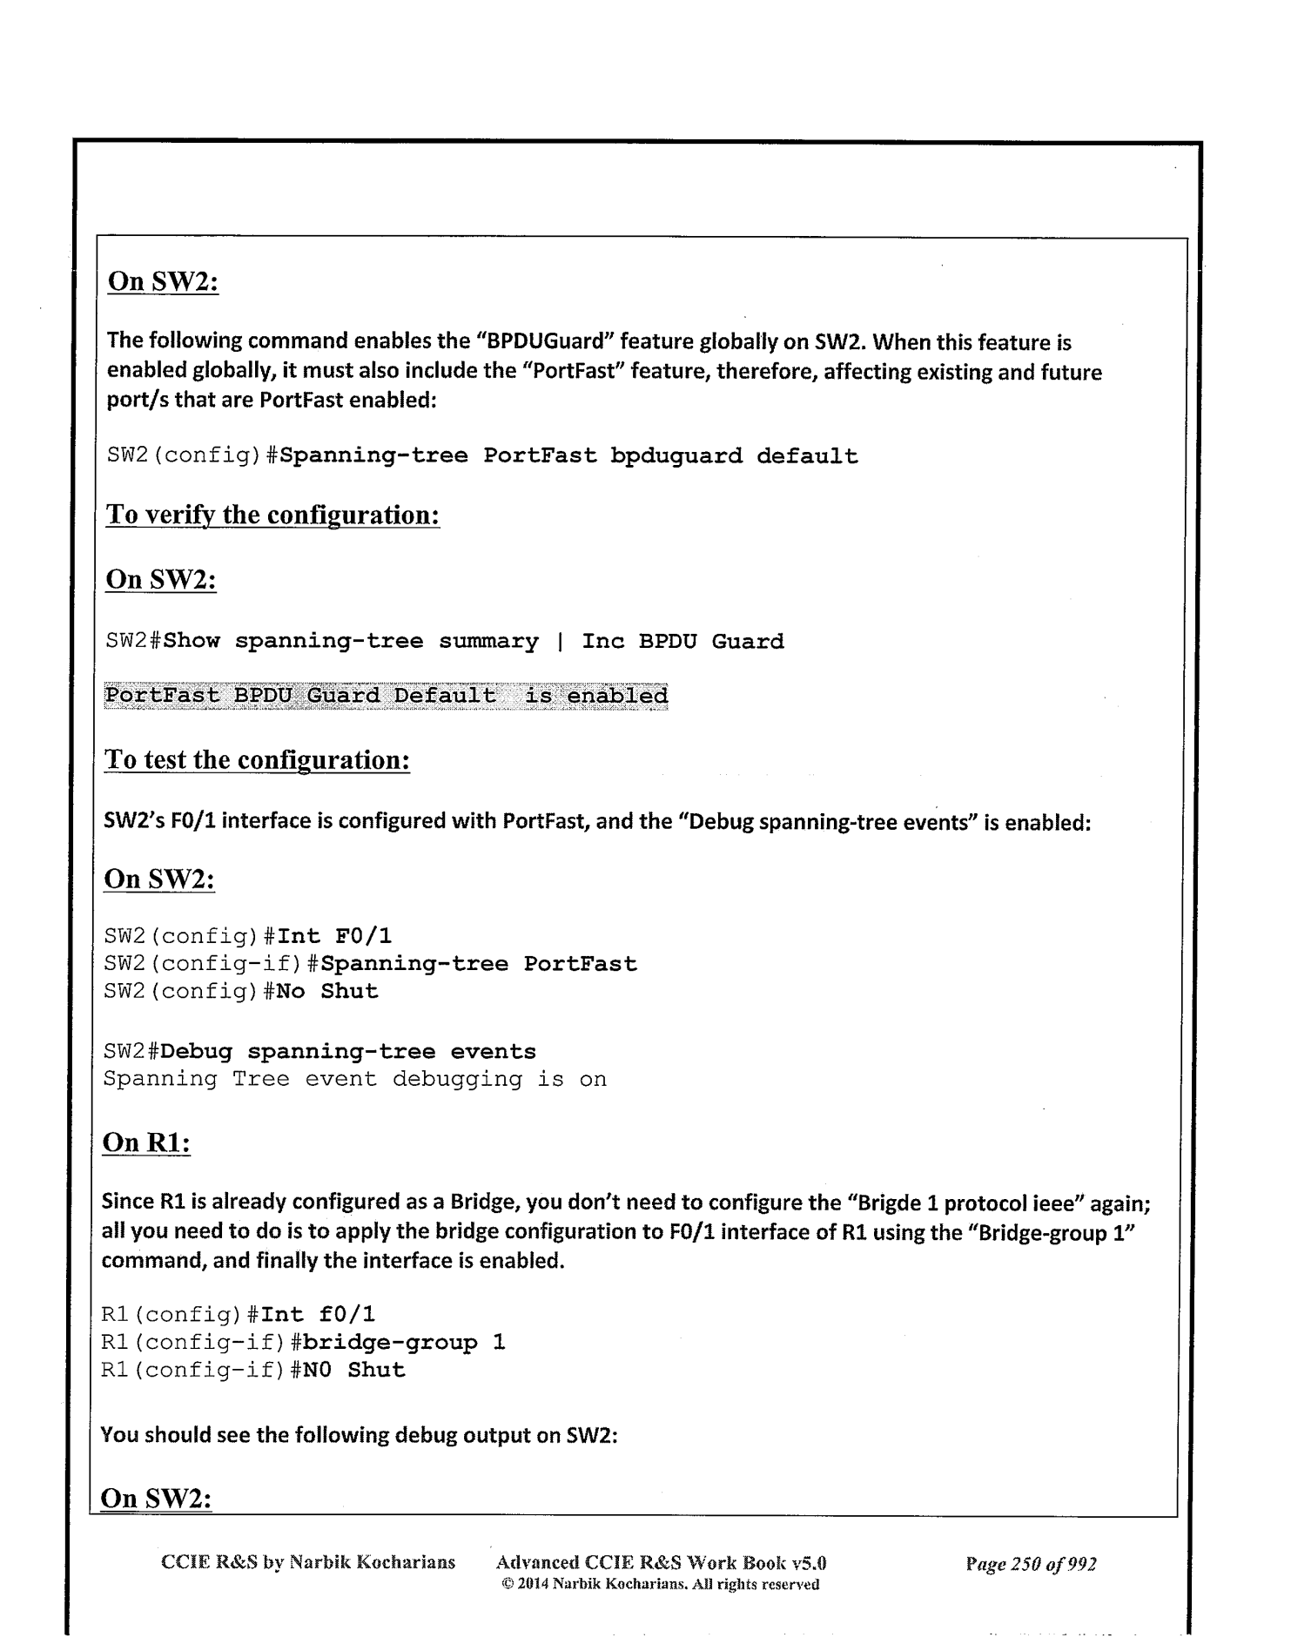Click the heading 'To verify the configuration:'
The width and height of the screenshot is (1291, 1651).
pos(272,515)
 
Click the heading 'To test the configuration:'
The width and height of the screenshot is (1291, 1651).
pos(257,760)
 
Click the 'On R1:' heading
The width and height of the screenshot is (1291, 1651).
pos(146,1142)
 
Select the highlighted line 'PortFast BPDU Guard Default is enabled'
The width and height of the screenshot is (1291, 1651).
pos(386,696)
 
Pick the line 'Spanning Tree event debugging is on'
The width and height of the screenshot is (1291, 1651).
pos(354,1080)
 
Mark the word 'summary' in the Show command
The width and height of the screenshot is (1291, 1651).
pos(487,642)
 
